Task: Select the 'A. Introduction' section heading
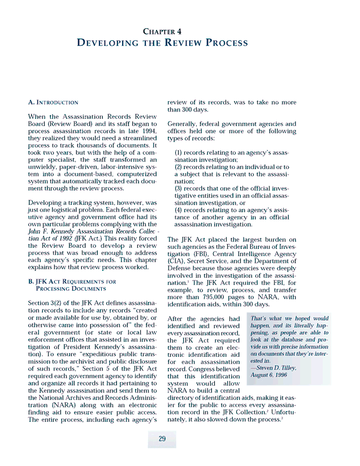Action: pos(53,102)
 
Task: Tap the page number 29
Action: pos(162,439)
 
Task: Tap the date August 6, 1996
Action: pos(269,375)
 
